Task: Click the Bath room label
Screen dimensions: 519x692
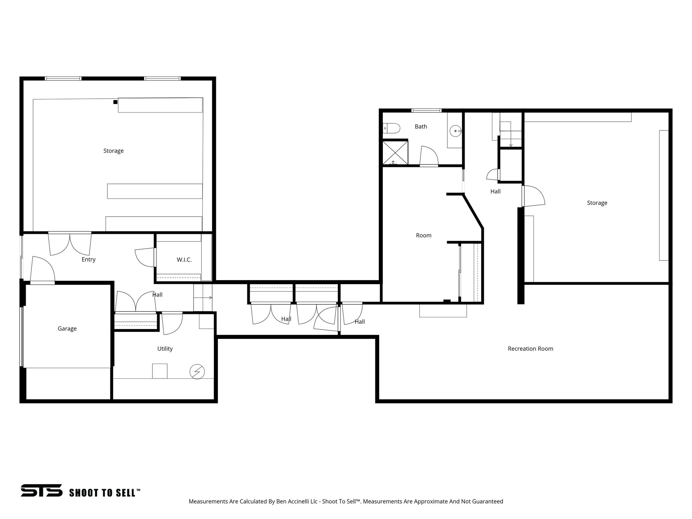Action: [421, 127]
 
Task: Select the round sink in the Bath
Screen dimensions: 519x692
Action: [456, 130]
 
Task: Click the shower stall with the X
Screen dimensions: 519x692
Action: [395, 152]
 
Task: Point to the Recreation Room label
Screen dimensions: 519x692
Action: [530, 349]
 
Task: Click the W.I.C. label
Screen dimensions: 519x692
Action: [184, 260]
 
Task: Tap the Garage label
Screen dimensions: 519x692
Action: [67, 328]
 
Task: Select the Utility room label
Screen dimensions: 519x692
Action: [165, 349]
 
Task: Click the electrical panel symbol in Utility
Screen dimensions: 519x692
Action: [197, 372]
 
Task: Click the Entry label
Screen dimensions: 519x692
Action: [89, 259]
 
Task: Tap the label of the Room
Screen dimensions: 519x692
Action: [423, 236]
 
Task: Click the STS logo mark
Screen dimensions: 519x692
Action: [42, 490]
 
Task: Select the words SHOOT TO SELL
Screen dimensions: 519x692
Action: [105, 493]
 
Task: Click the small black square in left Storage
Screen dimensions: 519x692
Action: [115, 102]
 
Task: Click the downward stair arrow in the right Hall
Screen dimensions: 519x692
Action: [511, 142]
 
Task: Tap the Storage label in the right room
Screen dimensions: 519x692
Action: [597, 203]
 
